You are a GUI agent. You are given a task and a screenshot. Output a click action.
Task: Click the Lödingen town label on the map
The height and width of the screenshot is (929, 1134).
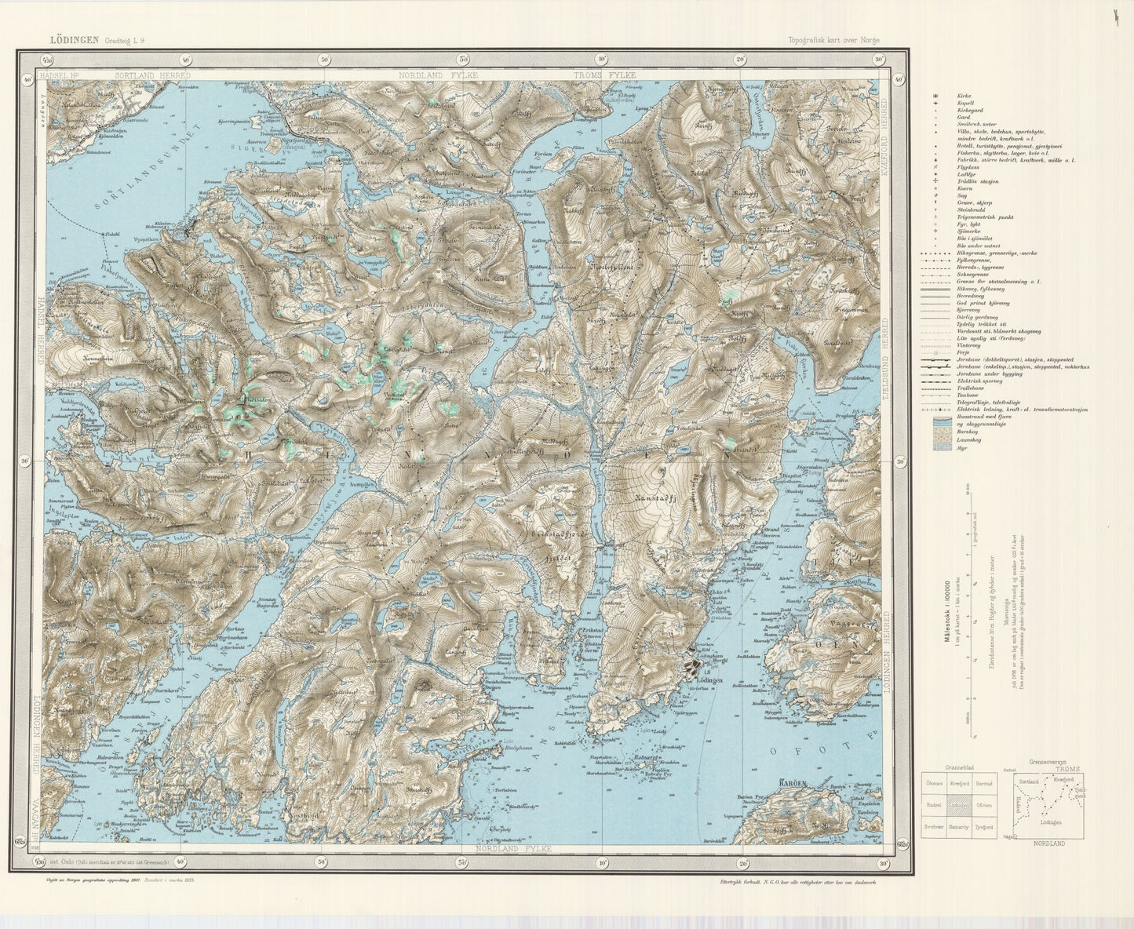tap(709, 679)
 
